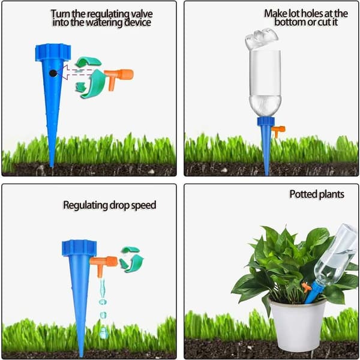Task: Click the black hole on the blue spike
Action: point(53,73)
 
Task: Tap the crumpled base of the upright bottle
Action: point(262,38)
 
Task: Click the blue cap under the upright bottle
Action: point(266,122)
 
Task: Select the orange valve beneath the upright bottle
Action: point(278,131)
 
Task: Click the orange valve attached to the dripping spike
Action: point(103,265)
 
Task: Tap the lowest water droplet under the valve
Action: point(104,332)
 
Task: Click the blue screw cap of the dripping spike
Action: point(79,248)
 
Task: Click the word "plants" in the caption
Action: point(331,194)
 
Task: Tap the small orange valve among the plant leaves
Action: point(306,287)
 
